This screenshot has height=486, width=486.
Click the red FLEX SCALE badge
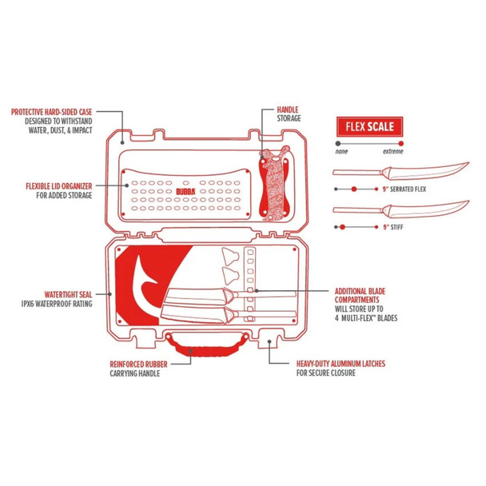click(x=368, y=125)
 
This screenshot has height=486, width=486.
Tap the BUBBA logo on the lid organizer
click(x=185, y=192)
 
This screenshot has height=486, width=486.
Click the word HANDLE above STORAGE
click(x=287, y=109)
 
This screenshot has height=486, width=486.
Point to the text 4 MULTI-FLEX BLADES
click(x=364, y=318)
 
